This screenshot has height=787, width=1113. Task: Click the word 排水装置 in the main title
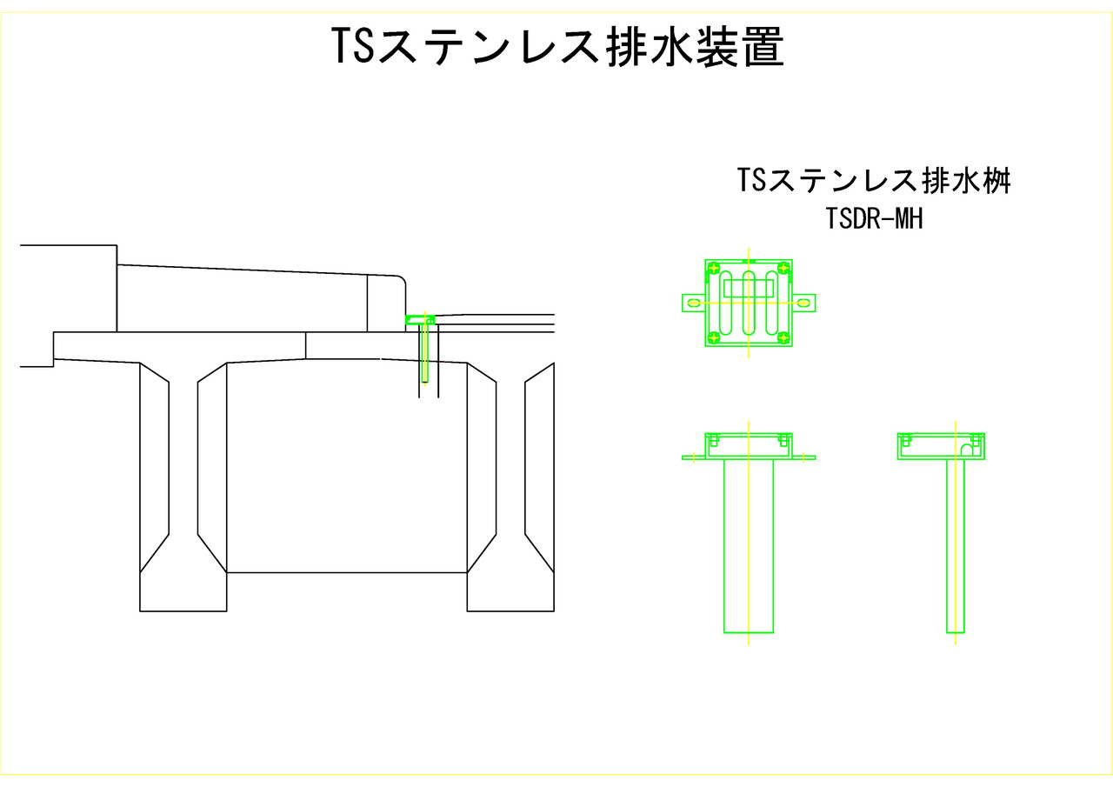696,47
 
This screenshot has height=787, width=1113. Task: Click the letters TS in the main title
352,47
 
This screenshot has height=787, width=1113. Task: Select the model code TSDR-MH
874,218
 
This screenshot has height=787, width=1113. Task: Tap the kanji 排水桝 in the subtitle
966,180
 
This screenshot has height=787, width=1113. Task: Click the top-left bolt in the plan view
714,269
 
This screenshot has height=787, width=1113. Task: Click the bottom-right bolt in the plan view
783,338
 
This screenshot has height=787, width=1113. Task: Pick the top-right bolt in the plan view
783,269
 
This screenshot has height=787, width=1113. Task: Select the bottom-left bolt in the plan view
714,338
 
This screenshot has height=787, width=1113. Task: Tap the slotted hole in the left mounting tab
694,303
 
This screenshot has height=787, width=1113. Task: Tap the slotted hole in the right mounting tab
803,303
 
